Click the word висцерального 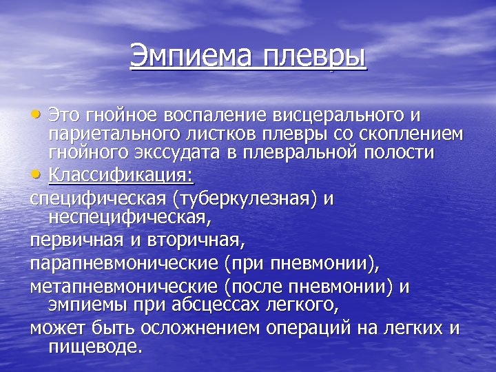pyautogui.click(x=339, y=115)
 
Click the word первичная pyautogui.click(x=74, y=242)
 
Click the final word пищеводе pyautogui.click(x=95, y=347)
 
